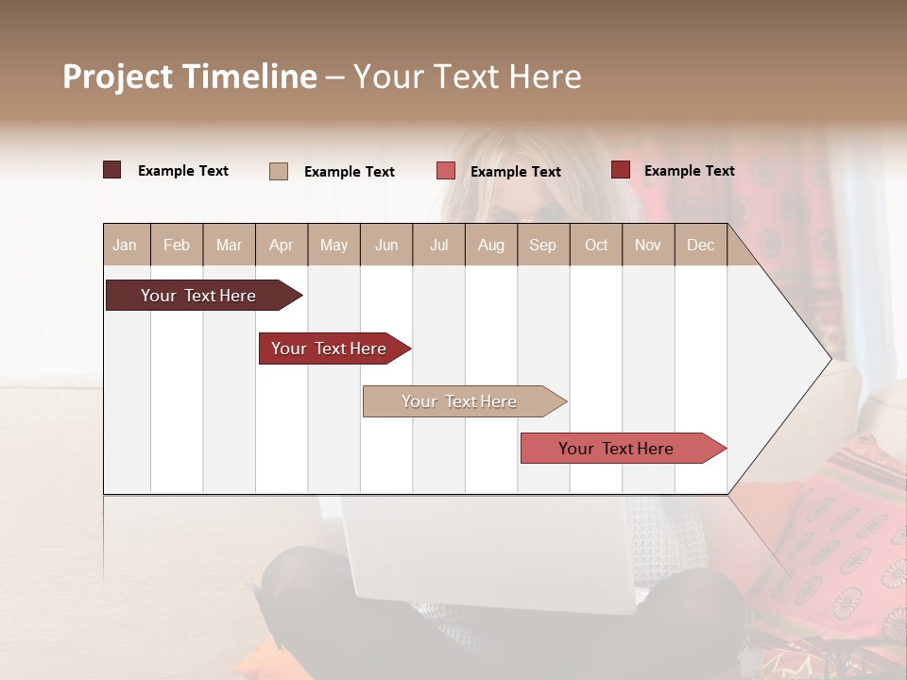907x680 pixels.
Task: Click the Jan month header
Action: pyautogui.click(x=125, y=245)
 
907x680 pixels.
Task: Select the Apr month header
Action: pyautogui.click(x=281, y=245)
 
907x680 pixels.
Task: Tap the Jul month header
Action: pyautogui.click(x=438, y=245)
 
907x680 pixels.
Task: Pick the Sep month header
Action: pyautogui.click(x=542, y=245)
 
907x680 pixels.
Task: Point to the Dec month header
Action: pyautogui.click(x=700, y=245)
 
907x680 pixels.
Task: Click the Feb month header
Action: pyautogui.click(x=177, y=245)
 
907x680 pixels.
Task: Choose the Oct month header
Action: pyautogui.click(x=596, y=245)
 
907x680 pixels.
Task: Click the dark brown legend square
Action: pyautogui.click(x=111, y=170)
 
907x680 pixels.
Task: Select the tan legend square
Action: pyautogui.click(x=279, y=171)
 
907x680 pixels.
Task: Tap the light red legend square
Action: pyautogui.click(x=446, y=171)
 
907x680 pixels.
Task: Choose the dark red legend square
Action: pyautogui.click(x=620, y=170)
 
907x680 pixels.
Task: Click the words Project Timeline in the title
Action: pyautogui.click(x=190, y=76)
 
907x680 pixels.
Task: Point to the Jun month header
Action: pyautogui.click(x=386, y=245)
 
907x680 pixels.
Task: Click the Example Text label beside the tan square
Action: pyautogui.click(x=349, y=172)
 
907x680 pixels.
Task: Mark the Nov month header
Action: pyautogui.click(x=647, y=245)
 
